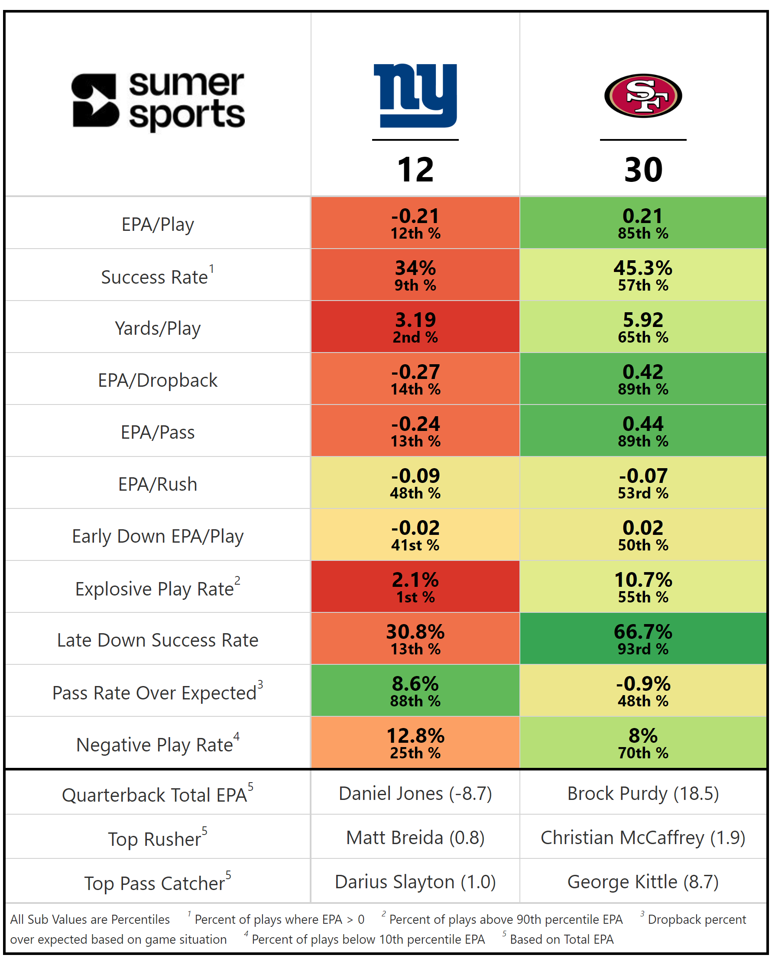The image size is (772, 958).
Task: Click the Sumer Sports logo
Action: pyautogui.click(x=158, y=101)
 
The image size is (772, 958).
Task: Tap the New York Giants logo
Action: pyautogui.click(x=415, y=95)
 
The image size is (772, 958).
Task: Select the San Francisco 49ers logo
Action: pyautogui.click(x=643, y=96)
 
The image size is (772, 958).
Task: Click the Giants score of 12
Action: pyautogui.click(x=415, y=170)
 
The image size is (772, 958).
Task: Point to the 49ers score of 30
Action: pyautogui.click(x=643, y=170)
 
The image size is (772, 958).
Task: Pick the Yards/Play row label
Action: pyautogui.click(x=158, y=328)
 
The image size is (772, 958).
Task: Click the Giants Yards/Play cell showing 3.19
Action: pyautogui.click(x=415, y=327)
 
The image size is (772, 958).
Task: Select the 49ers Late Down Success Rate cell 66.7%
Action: pyautogui.click(x=643, y=639)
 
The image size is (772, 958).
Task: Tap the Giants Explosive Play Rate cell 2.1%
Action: pyautogui.click(x=415, y=587)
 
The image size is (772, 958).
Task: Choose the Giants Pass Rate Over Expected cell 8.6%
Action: pyautogui.click(x=415, y=690)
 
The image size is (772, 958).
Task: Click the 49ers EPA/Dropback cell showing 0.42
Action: pyautogui.click(x=643, y=379)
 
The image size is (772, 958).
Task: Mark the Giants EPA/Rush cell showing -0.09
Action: pyautogui.click(x=415, y=483)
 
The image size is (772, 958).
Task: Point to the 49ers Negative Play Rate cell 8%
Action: pyautogui.click(x=643, y=742)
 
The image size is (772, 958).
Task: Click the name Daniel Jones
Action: pyautogui.click(x=391, y=793)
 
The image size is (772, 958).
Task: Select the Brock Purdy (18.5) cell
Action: pyautogui.click(x=643, y=793)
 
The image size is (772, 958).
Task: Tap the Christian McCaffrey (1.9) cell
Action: pyautogui.click(x=643, y=838)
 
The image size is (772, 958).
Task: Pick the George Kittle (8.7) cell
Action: pyautogui.click(x=643, y=881)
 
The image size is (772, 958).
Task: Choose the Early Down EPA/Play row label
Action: pyautogui.click(x=158, y=536)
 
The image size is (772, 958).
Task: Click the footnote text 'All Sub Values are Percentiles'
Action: pyautogui.click(x=90, y=919)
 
